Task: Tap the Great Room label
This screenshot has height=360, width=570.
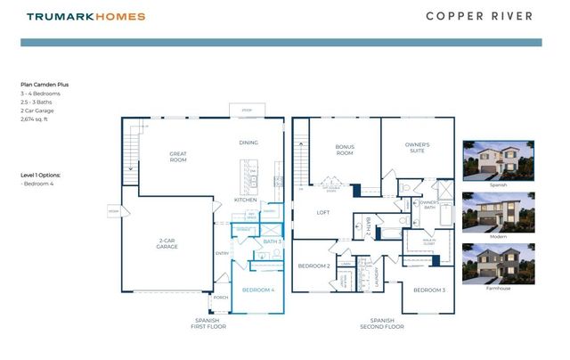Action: click(178, 158)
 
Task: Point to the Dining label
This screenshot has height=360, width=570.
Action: click(248, 143)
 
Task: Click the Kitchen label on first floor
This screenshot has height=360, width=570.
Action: click(246, 200)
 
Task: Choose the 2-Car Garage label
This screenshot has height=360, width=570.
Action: click(167, 243)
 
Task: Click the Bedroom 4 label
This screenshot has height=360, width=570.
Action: click(258, 290)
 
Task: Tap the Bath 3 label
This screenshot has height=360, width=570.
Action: click(272, 241)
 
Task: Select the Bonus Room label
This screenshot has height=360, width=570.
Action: click(345, 150)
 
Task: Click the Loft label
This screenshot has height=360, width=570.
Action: click(323, 212)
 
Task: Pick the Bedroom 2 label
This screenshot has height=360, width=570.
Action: click(314, 266)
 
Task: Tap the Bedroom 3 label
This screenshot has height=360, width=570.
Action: click(428, 290)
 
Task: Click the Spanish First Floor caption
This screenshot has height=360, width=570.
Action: click(211, 323)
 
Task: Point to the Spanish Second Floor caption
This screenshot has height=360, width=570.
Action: click(382, 323)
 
